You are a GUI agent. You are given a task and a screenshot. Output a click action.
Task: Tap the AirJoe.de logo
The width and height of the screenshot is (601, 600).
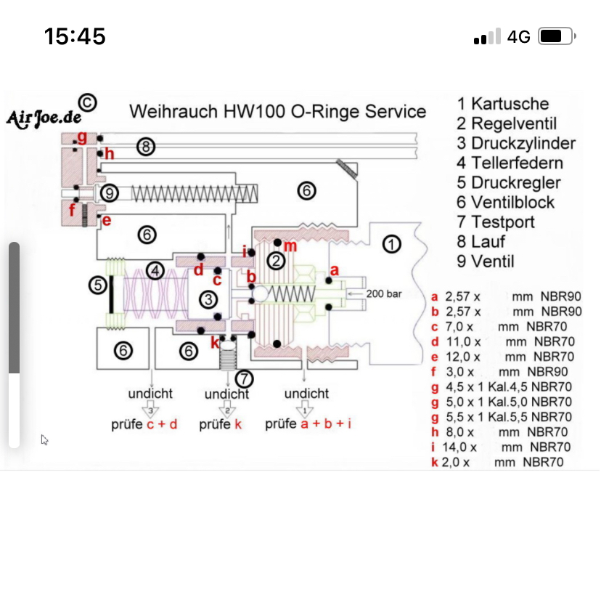coord(44,118)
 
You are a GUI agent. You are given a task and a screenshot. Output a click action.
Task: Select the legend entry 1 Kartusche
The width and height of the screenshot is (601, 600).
coord(503,104)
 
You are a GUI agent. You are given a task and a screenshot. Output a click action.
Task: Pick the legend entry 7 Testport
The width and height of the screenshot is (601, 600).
coord(496,222)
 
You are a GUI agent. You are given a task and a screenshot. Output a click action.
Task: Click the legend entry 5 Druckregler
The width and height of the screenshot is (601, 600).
coord(509,182)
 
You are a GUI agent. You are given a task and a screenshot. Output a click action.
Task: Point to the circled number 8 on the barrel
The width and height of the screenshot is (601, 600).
coord(146,147)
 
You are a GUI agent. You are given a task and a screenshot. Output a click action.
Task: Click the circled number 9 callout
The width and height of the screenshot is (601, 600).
coord(109,193)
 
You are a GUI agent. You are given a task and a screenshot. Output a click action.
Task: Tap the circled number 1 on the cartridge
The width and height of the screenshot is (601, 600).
coord(392,244)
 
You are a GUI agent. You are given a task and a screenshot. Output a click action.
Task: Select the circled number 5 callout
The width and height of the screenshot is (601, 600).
coord(98,285)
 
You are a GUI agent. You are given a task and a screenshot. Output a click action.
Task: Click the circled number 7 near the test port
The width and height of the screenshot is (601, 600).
coord(245,378)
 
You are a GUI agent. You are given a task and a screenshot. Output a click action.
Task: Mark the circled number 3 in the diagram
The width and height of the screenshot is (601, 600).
coord(208,299)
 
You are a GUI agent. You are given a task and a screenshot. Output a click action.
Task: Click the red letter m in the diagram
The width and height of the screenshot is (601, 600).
coord(290,246)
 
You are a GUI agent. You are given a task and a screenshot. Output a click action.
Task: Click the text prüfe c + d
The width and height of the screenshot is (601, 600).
coord(144,424)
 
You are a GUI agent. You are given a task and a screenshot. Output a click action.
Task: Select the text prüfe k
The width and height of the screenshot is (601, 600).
coord(221,424)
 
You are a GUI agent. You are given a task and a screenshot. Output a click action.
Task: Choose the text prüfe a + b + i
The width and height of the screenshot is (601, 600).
coord(308,423)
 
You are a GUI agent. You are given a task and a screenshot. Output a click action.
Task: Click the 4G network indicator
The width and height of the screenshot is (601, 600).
coord(518,36)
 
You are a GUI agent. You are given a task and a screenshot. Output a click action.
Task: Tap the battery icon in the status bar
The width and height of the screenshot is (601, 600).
coord(557,36)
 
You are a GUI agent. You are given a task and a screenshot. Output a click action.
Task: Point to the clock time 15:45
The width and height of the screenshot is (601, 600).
coord(75,36)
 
